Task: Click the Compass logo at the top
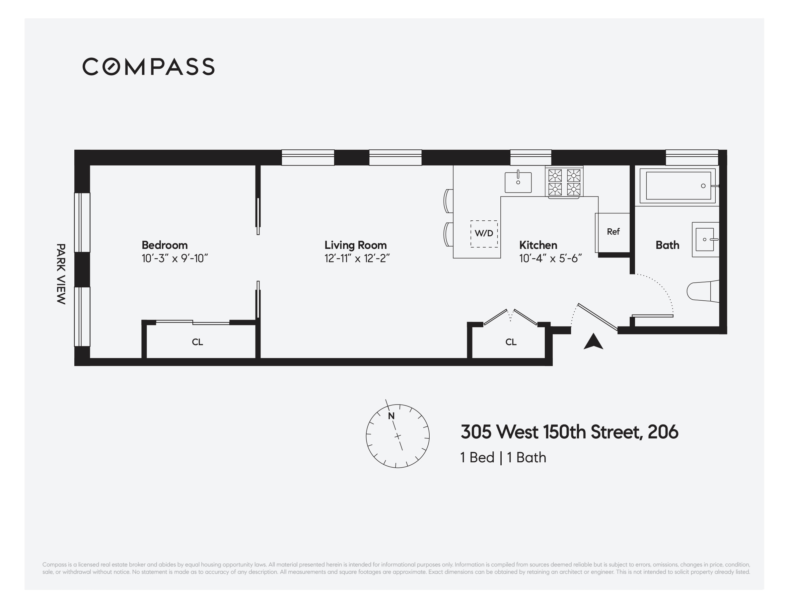coord(148,67)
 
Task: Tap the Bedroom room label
coord(164,245)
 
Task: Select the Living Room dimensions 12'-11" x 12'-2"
coord(357,259)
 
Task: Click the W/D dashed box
coord(484,234)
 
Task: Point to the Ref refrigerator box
coord(613,232)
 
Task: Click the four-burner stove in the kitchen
coord(564,182)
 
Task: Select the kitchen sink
coord(518,182)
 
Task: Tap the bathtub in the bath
coord(678,186)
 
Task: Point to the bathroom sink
coord(705,239)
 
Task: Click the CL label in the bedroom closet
coord(197,342)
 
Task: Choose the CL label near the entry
coord(511,342)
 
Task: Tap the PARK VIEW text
coord(61,274)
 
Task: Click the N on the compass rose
coord(391,416)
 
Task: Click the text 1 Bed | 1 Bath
coord(503,458)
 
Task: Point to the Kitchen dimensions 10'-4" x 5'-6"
coord(550,259)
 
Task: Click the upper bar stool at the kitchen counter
coord(448,201)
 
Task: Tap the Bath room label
coord(667,245)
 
